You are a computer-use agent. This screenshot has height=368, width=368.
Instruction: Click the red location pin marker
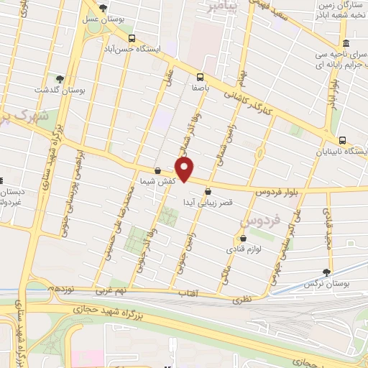pos(185,170)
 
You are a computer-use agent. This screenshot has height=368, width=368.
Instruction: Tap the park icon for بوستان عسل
pos(104,9)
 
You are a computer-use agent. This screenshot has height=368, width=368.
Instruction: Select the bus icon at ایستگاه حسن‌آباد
pos(131,39)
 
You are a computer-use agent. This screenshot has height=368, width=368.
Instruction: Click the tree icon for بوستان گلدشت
pos(60,80)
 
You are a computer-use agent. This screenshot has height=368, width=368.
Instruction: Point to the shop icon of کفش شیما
pos(157,170)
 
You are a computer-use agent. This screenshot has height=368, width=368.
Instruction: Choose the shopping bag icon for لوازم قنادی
pos(243,239)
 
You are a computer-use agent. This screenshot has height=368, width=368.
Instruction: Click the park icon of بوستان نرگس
pos(328,272)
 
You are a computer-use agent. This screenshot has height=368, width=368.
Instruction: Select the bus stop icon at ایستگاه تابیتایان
pos(341,141)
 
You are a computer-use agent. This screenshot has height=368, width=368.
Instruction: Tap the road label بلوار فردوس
pos(276,193)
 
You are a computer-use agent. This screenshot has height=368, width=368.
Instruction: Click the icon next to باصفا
pos(199,78)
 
